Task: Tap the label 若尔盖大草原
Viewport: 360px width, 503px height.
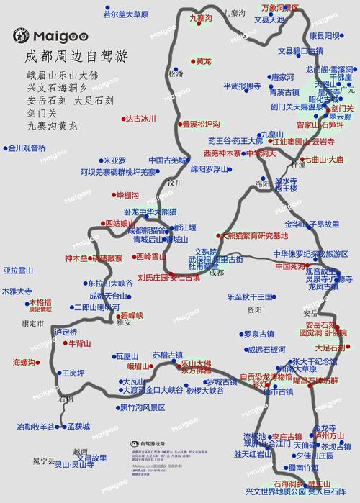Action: [125, 14]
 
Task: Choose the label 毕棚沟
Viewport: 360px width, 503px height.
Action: [127, 196]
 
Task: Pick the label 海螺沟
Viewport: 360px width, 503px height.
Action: [27, 361]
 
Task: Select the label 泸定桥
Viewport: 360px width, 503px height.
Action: [65, 332]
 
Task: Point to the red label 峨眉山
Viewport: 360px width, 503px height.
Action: [138, 366]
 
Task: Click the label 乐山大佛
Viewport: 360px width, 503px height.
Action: [197, 363]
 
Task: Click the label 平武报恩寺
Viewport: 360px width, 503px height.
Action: [241, 86]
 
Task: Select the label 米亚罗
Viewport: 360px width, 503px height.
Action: [114, 160]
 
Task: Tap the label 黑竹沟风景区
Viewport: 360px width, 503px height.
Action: [142, 407]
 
